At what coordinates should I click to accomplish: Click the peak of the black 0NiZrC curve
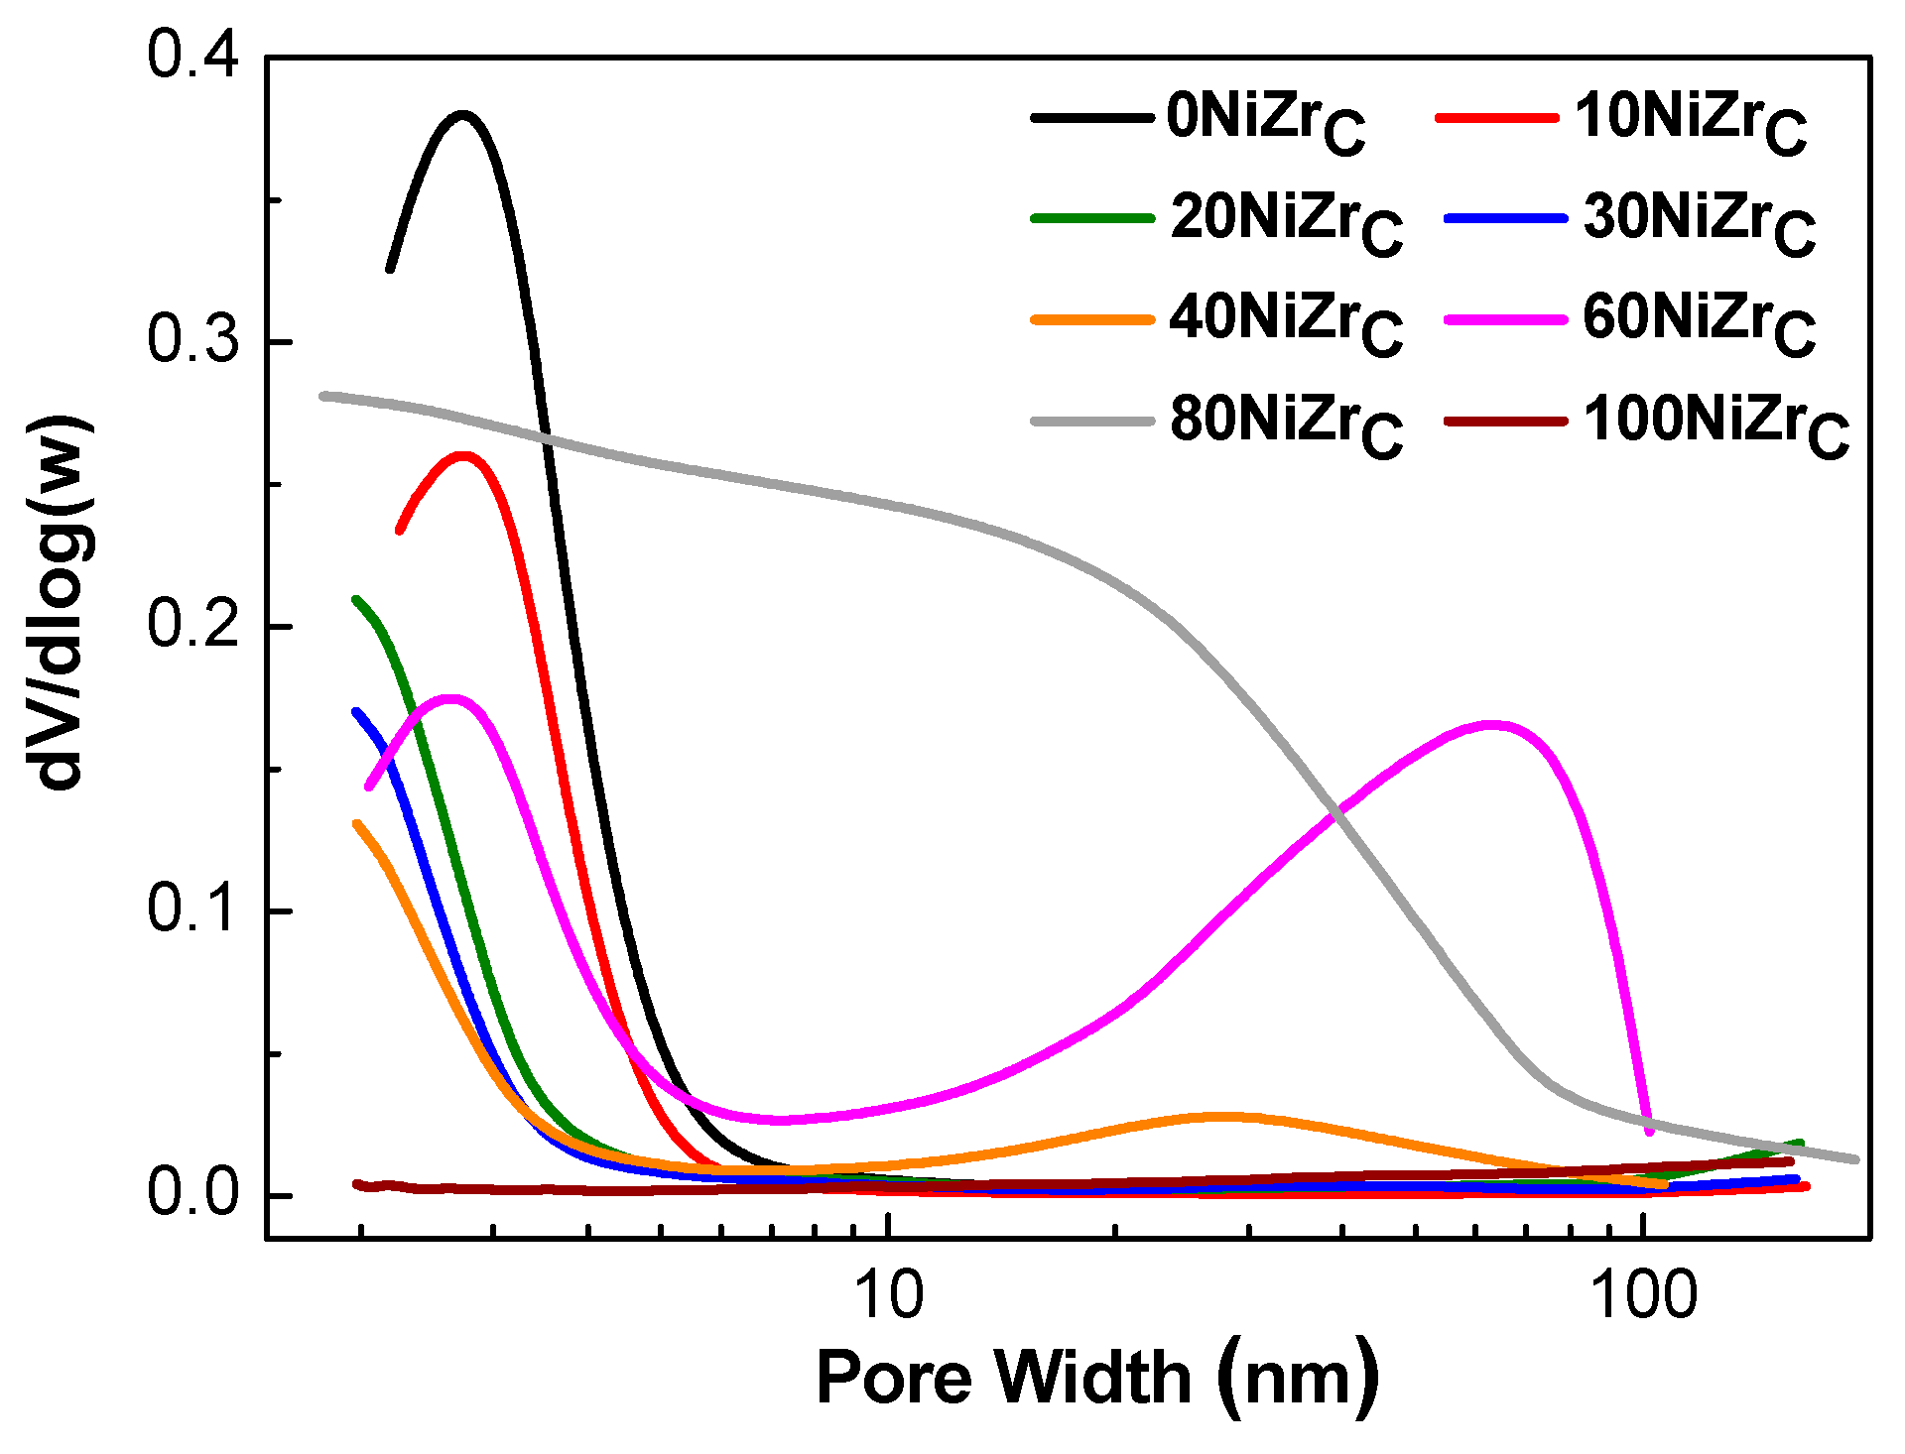(x=463, y=115)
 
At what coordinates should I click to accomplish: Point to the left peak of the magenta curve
(x=451, y=698)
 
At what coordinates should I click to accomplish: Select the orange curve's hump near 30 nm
(x=1225, y=1116)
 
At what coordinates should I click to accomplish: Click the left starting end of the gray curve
(x=323, y=396)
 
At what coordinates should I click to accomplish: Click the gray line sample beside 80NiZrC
(x=1092, y=421)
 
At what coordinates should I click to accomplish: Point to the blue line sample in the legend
(x=1505, y=218)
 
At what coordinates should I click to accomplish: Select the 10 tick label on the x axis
(x=889, y=1295)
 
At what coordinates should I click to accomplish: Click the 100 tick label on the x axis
(x=1644, y=1295)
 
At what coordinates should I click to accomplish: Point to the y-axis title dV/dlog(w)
(x=60, y=604)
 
